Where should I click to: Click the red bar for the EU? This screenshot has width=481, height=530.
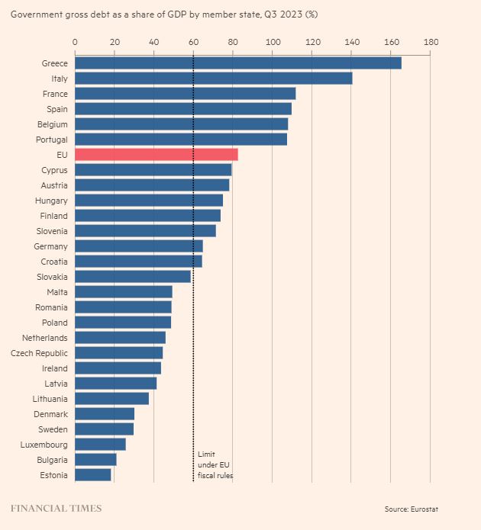(x=156, y=155)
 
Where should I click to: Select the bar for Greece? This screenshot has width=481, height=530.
(x=237, y=63)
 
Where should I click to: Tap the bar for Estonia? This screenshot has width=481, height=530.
(x=92, y=475)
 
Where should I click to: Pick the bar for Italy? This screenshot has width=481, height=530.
(x=213, y=79)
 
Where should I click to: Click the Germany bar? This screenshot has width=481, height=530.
(x=138, y=246)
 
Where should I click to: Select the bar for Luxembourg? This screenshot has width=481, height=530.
(x=100, y=445)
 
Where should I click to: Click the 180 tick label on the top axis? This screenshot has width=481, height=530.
(x=430, y=42)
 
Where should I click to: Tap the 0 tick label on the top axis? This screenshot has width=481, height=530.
(x=75, y=42)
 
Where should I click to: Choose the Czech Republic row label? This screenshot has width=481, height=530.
(x=39, y=353)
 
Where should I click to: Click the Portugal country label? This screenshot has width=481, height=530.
(x=52, y=140)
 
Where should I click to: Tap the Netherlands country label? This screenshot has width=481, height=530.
(x=44, y=338)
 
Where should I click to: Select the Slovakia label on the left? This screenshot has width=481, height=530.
(x=50, y=277)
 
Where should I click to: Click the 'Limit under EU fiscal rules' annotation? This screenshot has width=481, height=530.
(x=215, y=464)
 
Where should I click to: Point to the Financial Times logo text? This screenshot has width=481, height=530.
(x=55, y=509)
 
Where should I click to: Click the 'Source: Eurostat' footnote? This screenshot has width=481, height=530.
(x=412, y=509)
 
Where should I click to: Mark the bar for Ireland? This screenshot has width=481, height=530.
(x=118, y=368)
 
